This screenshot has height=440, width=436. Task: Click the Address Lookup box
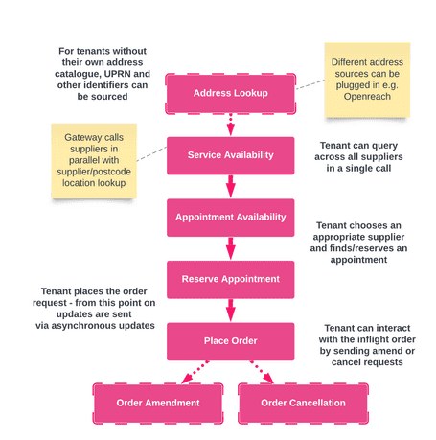pyautogui.click(x=230, y=93)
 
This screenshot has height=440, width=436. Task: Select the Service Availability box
pyautogui.click(x=230, y=154)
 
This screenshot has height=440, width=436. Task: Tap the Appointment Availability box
pyautogui.click(x=230, y=217)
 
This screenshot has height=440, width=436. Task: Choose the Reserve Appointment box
pyautogui.click(x=230, y=279)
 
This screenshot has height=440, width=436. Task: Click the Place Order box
pyautogui.click(x=230, y=340)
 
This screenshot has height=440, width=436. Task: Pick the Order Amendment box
pyautogui.click(x=158, y=403)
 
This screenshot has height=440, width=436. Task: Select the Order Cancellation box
pyautogui.click(x=303, y=403)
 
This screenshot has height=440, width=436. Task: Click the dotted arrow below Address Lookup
pyautogui.click(x=230, y=124)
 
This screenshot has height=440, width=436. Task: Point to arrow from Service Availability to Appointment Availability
pyautogui.click(x=230, y=186)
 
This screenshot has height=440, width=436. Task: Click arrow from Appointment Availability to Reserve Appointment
pyautogui.click(x=230, y=248)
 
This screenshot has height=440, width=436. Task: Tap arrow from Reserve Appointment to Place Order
pyautogui.click(x=230, y=310)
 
